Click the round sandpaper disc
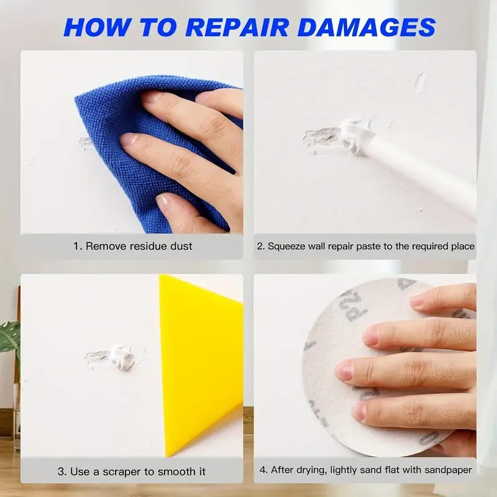348,373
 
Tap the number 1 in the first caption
76,246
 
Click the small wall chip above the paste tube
420,81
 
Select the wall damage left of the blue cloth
86,143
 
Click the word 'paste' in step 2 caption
362,246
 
